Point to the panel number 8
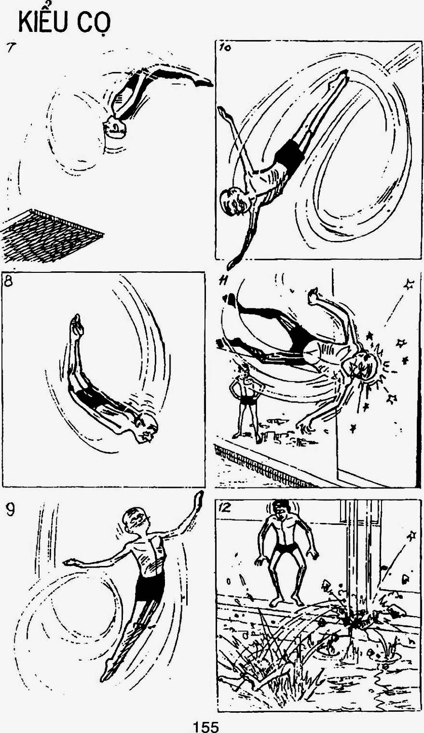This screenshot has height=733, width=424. point(9,281)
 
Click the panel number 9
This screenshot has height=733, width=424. point(10,510)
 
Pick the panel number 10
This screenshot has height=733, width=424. point(225,48)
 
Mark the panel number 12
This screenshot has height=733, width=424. point(226,507)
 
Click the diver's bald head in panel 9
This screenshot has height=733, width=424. point(136,520)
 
